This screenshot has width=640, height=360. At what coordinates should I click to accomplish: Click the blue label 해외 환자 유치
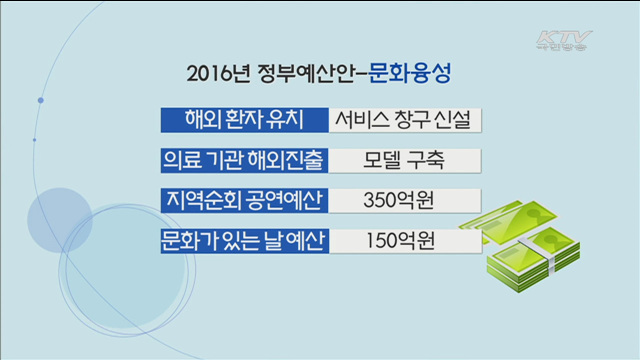[244, 119]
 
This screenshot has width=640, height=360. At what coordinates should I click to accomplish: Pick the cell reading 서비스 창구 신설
[407, 119]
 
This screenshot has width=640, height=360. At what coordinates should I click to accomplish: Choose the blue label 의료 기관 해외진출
[244, 160]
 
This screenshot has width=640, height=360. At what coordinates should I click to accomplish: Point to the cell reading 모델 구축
[407, 160]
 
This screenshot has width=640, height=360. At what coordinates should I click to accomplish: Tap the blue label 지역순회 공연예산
[244, 200]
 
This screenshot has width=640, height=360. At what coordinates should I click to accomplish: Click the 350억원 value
[407, 200]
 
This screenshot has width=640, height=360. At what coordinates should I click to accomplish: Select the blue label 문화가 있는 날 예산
[244, 241]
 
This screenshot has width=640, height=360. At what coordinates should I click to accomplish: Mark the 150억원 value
[407, 241]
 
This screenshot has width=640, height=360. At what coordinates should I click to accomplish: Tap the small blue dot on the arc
[41, 100]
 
